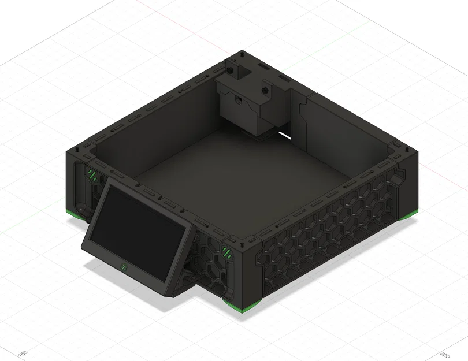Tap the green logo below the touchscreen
[x=124, y=267]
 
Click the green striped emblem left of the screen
[x=92, y=174]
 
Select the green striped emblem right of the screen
[x=226, y=252]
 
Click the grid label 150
[x=23, y=352]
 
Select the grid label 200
[x=445, y=354]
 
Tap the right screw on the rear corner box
[x=266, y=90]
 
